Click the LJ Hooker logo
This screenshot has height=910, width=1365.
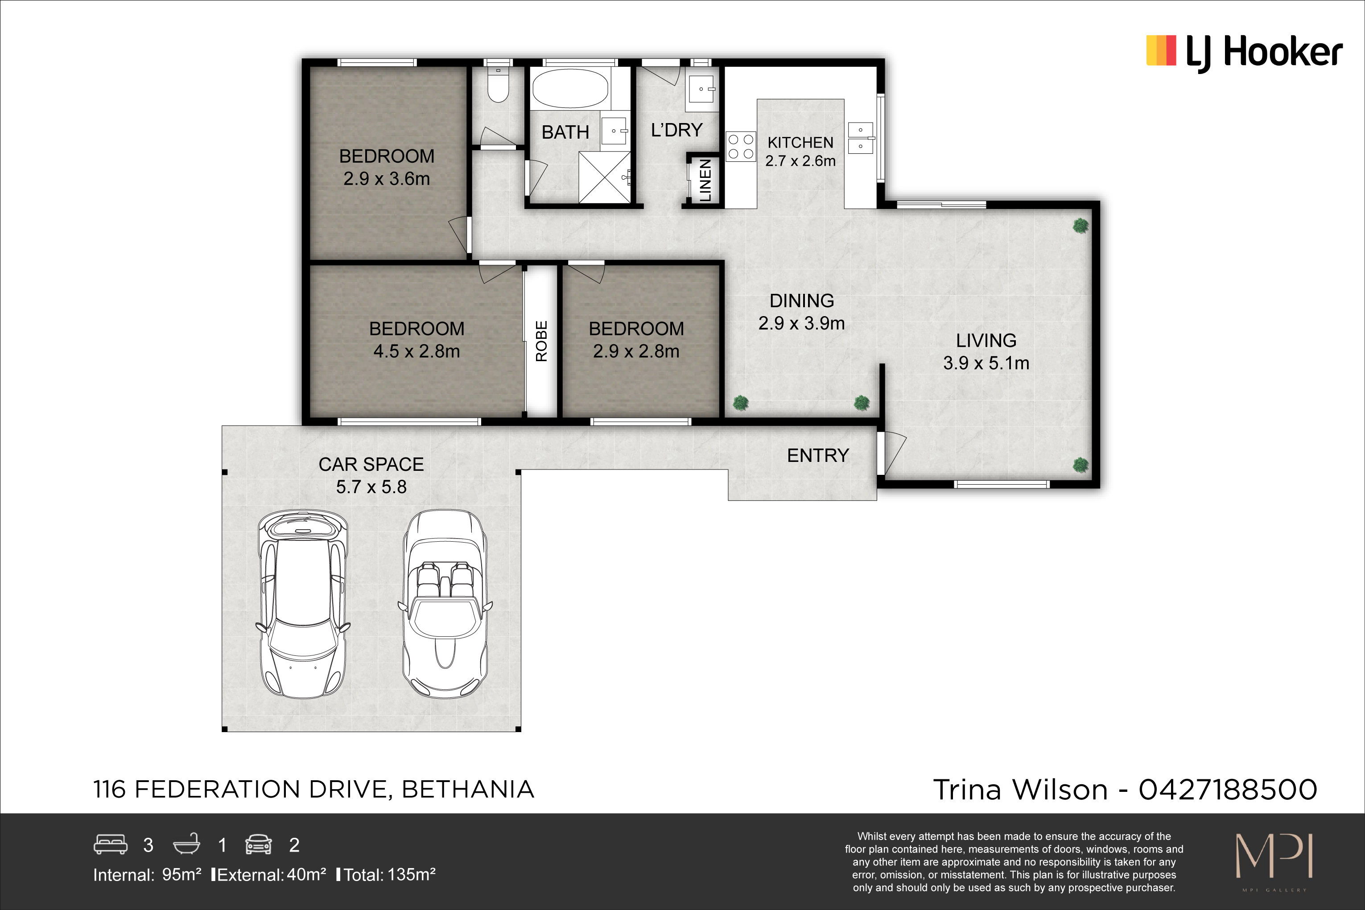point(1244,52)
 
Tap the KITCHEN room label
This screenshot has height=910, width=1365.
point(800,143)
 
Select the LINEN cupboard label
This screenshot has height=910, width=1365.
point(705,181)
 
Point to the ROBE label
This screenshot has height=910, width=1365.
point(541,341)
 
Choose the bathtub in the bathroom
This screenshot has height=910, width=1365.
point(570,88)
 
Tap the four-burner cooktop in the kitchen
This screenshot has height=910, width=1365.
point(741,147)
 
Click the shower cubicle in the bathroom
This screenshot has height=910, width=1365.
point(605,177)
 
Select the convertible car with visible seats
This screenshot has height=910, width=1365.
point(445,604)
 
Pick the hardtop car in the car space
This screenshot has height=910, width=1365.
point(303,604)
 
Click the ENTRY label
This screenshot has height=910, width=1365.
point(818,456)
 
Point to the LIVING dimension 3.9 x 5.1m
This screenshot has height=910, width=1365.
point(986,363)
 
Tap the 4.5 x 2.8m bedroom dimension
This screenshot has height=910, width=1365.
point(417,351)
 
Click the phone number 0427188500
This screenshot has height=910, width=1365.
point(1228,790)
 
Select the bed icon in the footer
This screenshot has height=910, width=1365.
point(110,844)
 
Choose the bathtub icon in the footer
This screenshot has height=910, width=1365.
point(187,844)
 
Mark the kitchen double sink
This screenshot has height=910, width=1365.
point(860,137)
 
